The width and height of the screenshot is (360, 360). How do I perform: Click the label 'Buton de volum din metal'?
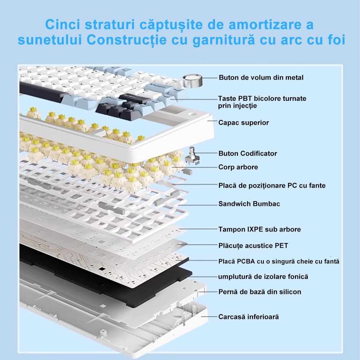(261, 78)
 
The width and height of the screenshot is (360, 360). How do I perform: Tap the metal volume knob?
(192, 81)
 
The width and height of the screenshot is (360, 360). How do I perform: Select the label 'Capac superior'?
(244, 123)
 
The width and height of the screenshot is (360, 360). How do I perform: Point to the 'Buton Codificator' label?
(248, 153)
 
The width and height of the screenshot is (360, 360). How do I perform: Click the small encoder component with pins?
(192, 157)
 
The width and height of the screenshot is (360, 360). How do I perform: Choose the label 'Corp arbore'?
(238, 167)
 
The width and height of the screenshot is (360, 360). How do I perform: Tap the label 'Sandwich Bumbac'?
(249, 204)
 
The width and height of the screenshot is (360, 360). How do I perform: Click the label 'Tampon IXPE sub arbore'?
(260, 229)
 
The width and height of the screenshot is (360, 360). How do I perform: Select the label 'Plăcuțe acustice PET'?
(253, 246)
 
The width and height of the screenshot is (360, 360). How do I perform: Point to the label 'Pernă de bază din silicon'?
(260, 292)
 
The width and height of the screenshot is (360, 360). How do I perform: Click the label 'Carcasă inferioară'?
(248, 316)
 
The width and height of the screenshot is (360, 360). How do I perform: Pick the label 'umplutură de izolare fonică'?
(263, 276)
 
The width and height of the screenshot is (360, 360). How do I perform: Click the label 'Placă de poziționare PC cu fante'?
(272, 185)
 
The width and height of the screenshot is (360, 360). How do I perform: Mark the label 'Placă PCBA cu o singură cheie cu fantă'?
(279, 261)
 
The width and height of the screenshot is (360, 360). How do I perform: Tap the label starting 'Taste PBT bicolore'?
(262, 102)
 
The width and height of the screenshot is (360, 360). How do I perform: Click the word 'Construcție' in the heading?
(126, 40)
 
